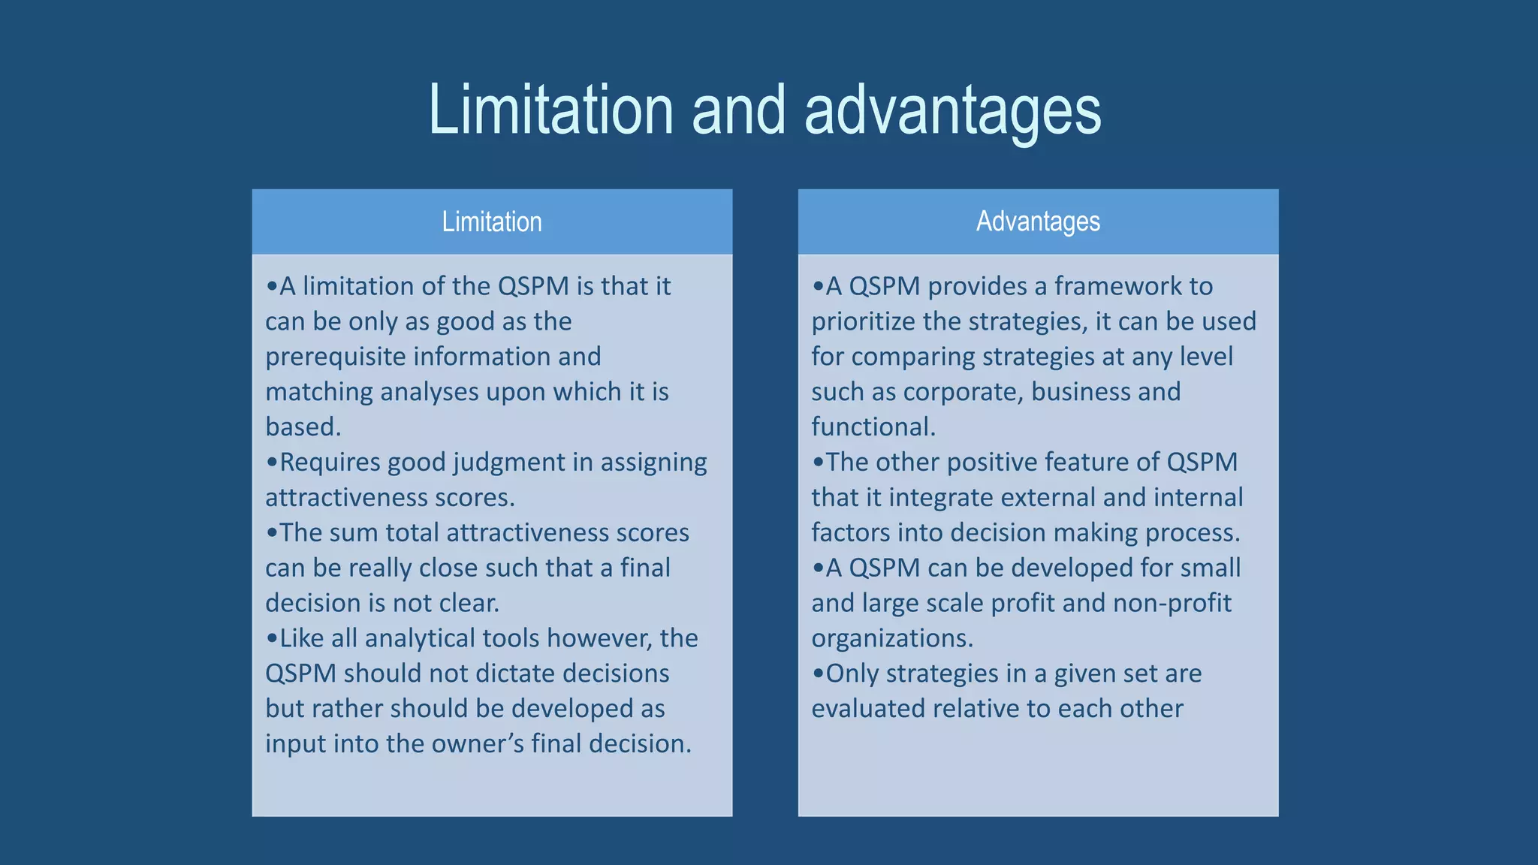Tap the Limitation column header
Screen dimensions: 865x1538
click(492, 222)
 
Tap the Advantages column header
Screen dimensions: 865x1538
click(1038, 222)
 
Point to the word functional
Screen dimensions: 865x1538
click(873, 427)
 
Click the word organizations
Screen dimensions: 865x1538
click(891, 638)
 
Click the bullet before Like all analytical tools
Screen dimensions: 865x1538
click(272, 639)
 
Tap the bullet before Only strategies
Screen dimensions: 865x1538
click(818, 674)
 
